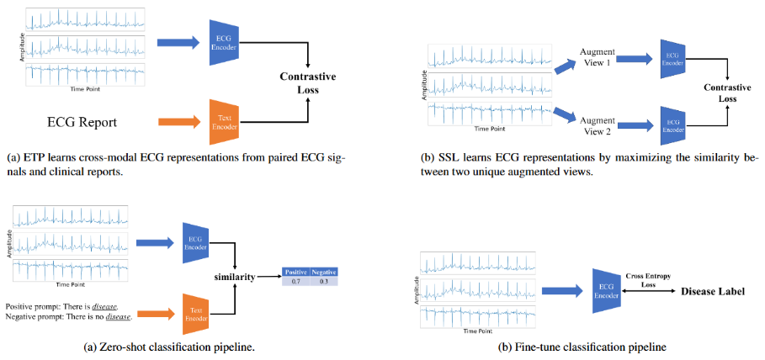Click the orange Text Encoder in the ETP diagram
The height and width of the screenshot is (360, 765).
click(x=223, y=118)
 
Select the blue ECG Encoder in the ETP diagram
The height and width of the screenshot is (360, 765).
click(x=223, y=39)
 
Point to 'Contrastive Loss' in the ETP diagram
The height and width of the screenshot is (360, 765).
click(x=308, y=83)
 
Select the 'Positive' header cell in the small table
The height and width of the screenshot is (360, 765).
click(x=295, y=272)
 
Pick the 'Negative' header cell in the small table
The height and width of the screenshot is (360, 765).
click(x=322, y=272)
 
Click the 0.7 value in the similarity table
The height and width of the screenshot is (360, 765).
click(x=295, y=281)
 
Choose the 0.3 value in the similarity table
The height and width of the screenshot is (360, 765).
click(x=322, y=281)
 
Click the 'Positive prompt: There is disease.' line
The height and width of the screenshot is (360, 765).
click(x=61, y=306)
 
